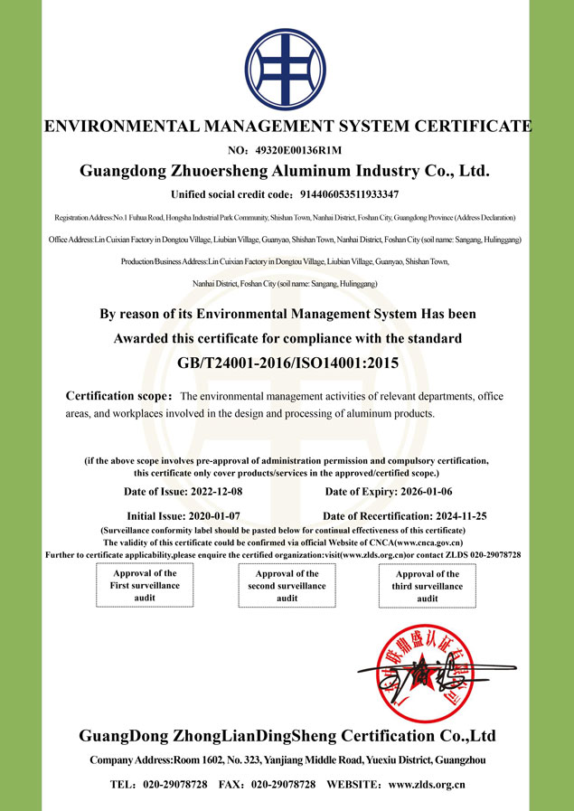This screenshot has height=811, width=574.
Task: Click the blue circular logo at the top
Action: click(x=287, y=66)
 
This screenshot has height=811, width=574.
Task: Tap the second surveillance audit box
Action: click(x=287, y=586)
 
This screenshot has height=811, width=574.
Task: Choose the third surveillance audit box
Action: click(x=428, y=587)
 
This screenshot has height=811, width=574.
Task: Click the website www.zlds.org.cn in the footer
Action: click(x=426, y=785)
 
